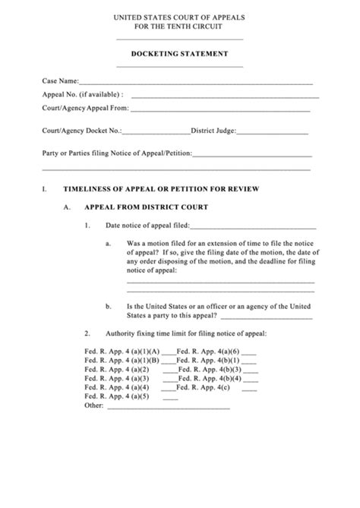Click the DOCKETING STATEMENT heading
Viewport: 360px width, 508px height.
point(179,54)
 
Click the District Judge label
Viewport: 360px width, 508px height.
point(217,131)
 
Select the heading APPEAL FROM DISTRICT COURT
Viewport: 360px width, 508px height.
point(146,206)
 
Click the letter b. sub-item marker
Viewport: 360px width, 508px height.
point(109,306)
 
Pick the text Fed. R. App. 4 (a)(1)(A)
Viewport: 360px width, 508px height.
point(122,352)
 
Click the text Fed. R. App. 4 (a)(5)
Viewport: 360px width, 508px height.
point(116,396)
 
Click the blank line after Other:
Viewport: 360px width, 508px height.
point(168,408)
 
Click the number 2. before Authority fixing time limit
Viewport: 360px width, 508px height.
point(87,333)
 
